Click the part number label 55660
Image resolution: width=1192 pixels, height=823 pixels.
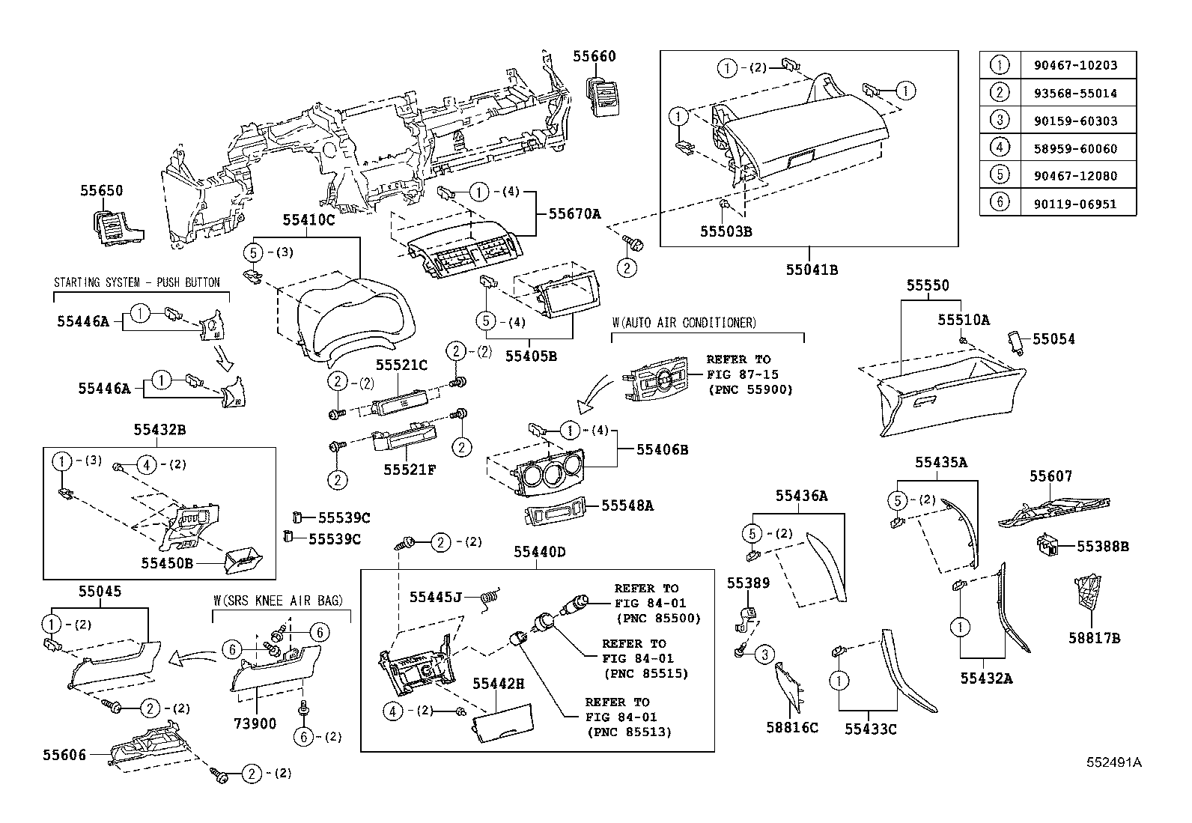coord(595,56)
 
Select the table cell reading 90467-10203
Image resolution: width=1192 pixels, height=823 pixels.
coord(1078,65)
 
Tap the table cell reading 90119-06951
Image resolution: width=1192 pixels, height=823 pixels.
coord(1078,203)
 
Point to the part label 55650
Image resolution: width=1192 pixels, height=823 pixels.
coord(101,191)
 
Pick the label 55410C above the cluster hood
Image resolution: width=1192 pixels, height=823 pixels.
coord(308,220)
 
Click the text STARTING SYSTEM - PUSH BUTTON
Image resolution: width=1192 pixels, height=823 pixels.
coord(137,282)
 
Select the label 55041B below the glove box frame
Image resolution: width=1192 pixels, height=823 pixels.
coord(812,270)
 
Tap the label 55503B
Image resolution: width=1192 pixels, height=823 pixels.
coord(726,231)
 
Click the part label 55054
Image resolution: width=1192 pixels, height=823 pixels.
coord(1053,339)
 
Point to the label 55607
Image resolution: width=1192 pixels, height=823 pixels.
coord(1050,476)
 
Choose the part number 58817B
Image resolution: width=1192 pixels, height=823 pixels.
coord(1094,638)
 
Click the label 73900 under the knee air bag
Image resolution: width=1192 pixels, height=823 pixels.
coord(255,723)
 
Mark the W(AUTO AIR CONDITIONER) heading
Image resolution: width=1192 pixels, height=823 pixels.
coord(684,323)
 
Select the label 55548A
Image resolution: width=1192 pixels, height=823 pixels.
coord(627,505)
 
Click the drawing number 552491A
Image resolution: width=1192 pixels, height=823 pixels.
coord(1114,762)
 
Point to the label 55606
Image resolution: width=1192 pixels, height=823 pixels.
coord(64,756)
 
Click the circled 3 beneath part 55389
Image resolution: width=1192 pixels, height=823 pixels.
coord(764,655)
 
